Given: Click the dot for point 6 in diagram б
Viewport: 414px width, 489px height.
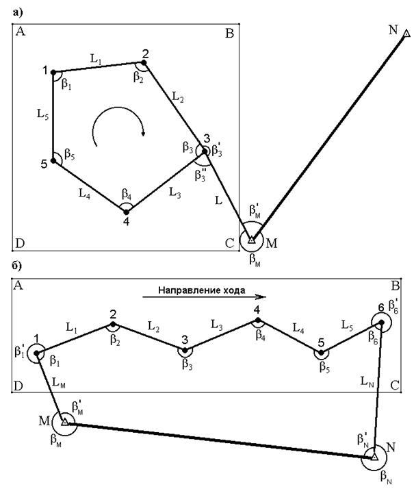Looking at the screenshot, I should pyautogui.click(x=380, y=322).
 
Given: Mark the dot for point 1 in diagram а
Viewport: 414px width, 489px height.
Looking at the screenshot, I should pyautogui.click(x=53, y=71).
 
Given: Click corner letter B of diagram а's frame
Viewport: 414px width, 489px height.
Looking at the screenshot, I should pyautogui.click(x=230, y=34).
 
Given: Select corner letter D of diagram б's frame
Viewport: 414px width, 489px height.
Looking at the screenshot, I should pyautogui.click(x=18, y=386).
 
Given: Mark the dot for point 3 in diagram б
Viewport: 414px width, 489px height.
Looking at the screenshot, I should pyautogui.click(x=185, y=349).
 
